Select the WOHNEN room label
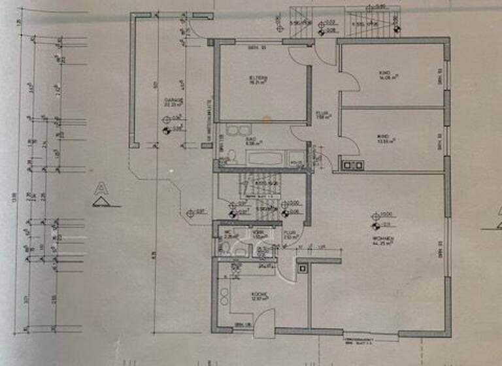coord(382,241)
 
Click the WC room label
coord(227,233)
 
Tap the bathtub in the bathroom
coord(263,158)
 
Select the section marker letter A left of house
coord(101,189)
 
